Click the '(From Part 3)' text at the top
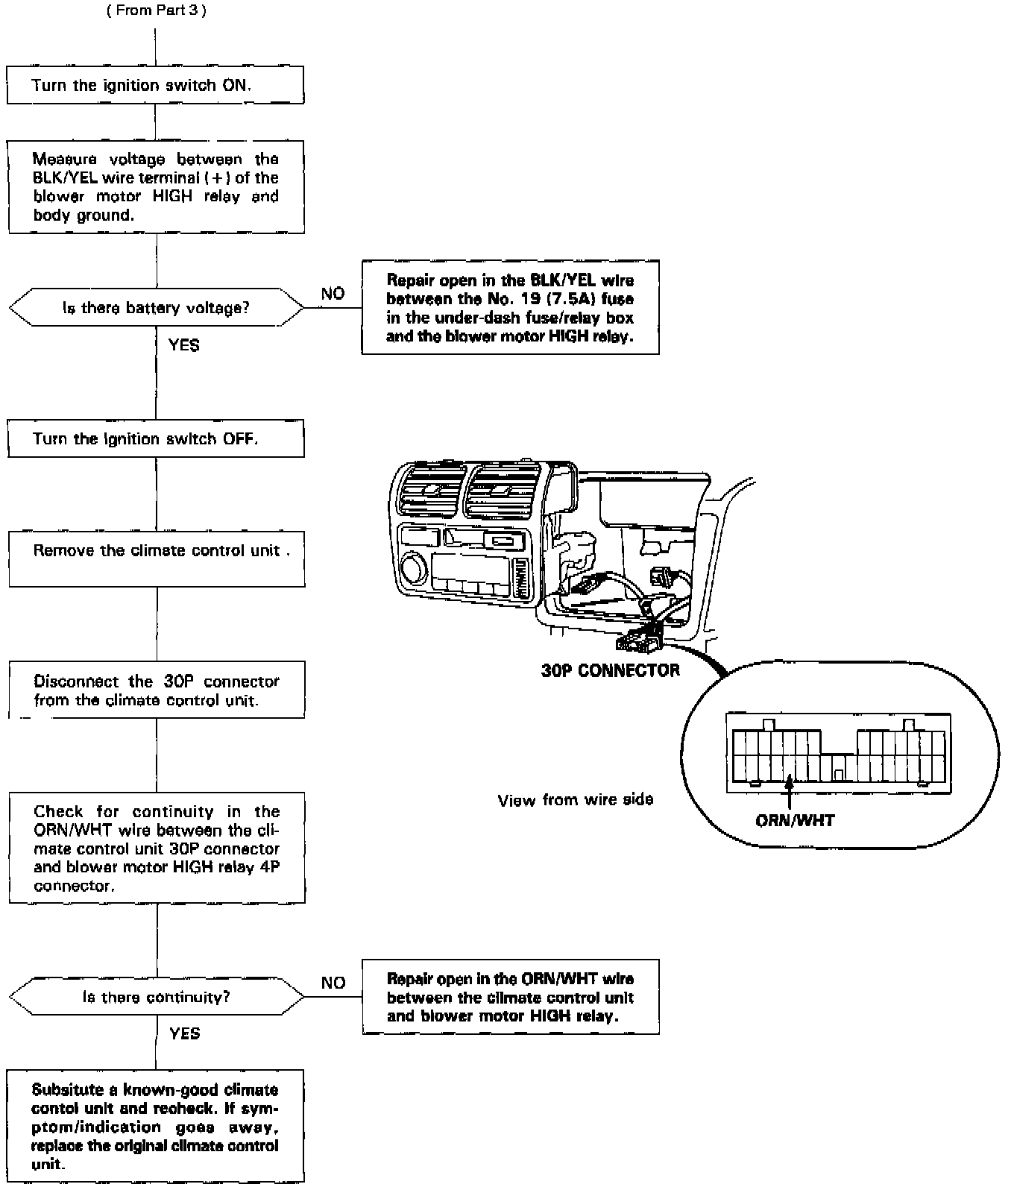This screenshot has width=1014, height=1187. pos(156,13)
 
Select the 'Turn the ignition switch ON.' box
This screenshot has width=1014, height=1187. pos(155,85)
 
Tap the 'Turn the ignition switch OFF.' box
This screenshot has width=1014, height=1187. pos(155,438)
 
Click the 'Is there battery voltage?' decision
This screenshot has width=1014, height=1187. pos(156,307)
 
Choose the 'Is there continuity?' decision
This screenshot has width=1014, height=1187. pos(156,997)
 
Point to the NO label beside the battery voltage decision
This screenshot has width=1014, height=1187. pos(333,294)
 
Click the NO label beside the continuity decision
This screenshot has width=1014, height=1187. pos(333,983)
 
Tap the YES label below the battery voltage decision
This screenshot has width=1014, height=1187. pos(183,345)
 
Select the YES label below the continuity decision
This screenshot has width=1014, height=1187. pos(184,1033)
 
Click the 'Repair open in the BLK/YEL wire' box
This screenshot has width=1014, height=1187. pos(510,307)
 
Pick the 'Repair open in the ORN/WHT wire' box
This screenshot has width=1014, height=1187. pos(510,997)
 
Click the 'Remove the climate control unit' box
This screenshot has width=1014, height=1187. pos(157,558)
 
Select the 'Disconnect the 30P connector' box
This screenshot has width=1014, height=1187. pos(157,690)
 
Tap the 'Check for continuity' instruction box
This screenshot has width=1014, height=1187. pos(157,848)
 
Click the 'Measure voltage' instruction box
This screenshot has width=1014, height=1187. pos(157,187)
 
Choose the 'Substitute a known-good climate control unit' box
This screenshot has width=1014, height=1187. pos(156,1126)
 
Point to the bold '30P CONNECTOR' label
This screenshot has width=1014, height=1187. pos(610,670)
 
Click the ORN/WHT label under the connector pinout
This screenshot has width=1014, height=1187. pos(795,821)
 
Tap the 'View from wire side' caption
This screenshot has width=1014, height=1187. pos(575,800)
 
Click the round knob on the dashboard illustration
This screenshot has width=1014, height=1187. pos(412,568)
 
